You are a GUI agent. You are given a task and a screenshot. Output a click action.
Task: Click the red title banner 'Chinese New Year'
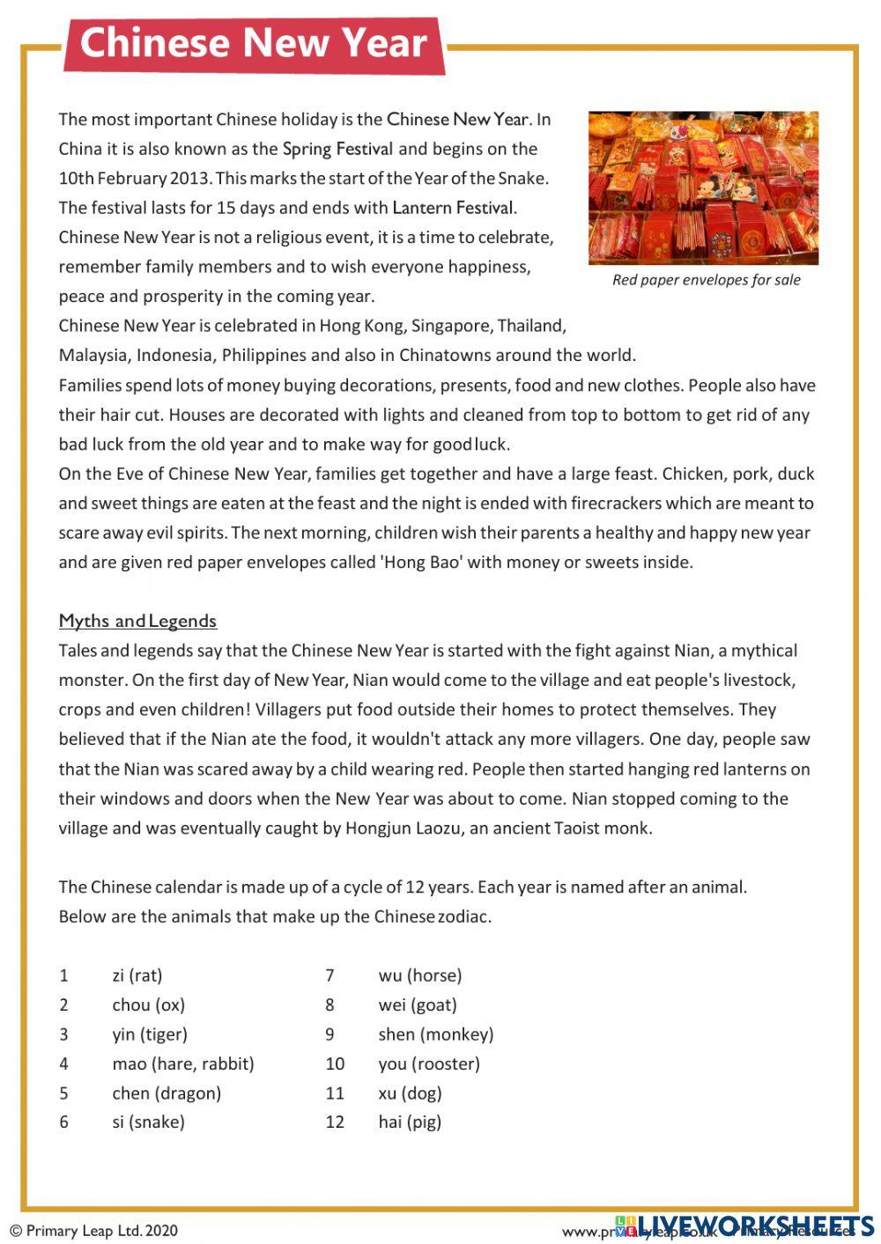[254, 43]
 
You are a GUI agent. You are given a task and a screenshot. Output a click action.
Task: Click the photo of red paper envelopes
[703, 188]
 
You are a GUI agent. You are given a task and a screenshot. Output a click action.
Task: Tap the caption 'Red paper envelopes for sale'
[706, 280]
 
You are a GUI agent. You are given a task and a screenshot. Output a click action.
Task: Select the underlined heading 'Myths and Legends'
[137, 621]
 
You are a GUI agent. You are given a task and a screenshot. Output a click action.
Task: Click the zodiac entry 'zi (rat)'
[137, 975]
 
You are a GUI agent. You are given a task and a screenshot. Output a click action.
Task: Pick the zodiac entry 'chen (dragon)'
[167, 1093]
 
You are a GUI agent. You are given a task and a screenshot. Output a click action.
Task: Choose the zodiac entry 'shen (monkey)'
[436, 1034]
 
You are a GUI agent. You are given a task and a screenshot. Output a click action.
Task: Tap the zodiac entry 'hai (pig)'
[410, 1122]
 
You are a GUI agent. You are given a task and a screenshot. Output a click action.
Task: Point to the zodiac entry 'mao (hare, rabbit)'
[183, 1064]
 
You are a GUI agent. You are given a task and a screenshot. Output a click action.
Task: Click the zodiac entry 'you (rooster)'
[429, 1064]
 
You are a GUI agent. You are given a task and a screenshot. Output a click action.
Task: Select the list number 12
[335, 1122]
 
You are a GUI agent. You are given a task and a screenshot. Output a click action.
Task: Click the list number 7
[330, 975]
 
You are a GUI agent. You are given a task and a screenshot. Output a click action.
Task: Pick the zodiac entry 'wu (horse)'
[420, 975]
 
